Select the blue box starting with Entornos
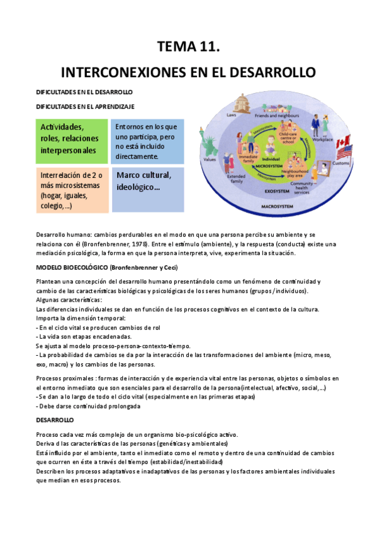point(147,141)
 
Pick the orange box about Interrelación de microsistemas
point(72,189)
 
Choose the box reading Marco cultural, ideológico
point(147,189)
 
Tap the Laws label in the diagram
point(232,116)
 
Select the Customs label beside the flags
point(340,163)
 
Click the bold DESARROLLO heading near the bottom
point(55,419)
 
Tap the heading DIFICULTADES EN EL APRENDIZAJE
point(84,107)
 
